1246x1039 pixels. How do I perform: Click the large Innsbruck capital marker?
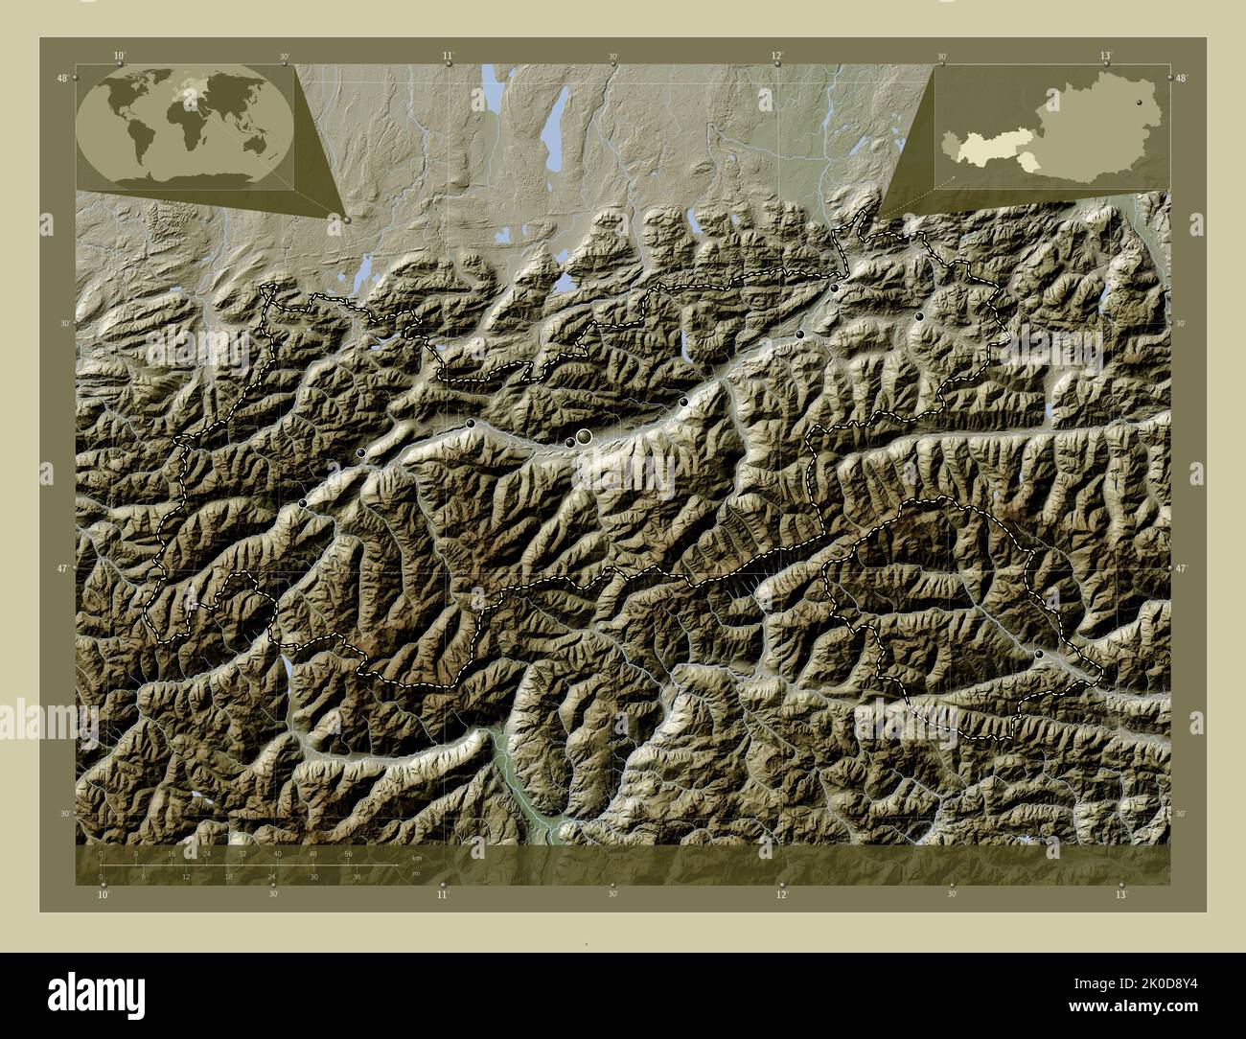tap(584, 437)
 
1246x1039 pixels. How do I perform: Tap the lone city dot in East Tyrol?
tap(1039, 653)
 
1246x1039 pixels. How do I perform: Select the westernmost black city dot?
tap(304, 503)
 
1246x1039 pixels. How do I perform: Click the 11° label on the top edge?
tap(448, 57)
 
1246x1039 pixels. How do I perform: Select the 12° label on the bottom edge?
tap(781, 894)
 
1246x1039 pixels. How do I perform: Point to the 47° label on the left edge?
tap(62, 568)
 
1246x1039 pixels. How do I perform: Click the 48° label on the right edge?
tap(1181, 79)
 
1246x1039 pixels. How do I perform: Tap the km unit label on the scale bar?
tap(416, 857)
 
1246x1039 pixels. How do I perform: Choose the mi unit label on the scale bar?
tap(416, 874)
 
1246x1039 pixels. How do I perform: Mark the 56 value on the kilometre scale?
tap(347, 853)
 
